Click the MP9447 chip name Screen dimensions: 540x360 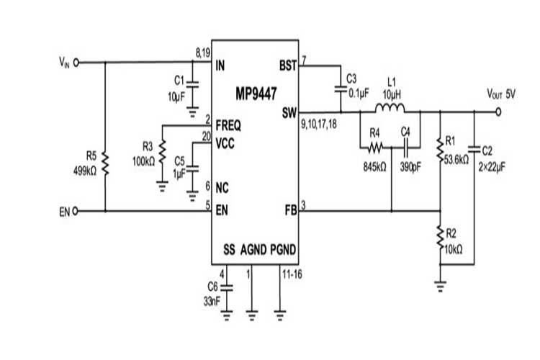click(x=256, y=93)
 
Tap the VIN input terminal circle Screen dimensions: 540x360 click(x=76, y=63)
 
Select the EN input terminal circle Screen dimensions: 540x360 click(x=76, y=211)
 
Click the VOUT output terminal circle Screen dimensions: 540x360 click(x=498, y=112)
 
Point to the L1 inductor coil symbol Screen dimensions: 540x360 click(x=390, y=108)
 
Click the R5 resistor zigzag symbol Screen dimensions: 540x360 click(x=105, y=164)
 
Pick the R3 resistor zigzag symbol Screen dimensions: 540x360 click(x=162, y=151)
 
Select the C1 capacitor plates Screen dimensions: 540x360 click(x=192, y=84)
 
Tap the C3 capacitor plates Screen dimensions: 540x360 click(x=341, y=89)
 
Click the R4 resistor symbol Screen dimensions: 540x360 click(x=375, y=148)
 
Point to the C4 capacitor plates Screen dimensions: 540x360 click(x=405, y=148)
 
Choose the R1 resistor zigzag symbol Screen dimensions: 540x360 click(x=440, y=150)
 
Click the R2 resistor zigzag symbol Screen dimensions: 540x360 click(x=440, y=237)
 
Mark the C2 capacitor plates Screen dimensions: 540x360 click(x=474, y=149)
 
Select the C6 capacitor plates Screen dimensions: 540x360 click(x=226, y=288)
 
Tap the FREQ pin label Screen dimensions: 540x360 click(x=228, y=126)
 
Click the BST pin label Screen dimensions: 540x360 click(x=288, y=66)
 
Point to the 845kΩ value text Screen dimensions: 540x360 click(x=374, y=168)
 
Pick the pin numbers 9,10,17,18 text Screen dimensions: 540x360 click(x=319, y=124)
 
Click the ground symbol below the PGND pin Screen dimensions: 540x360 click(x=280, y=315)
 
